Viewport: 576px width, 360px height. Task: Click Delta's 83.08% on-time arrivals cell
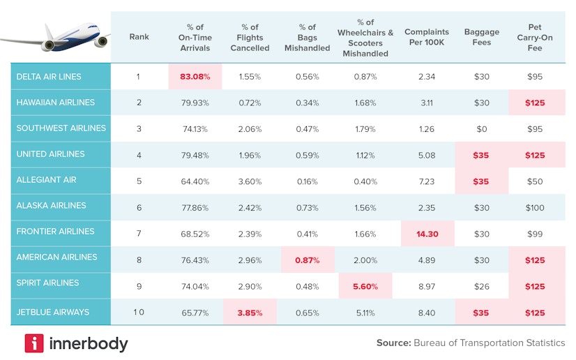pyautogui.click(x=195, y=77)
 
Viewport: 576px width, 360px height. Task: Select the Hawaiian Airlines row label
pyautogui.click(x=55, y=103)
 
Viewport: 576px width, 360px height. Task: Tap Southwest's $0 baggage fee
pyautogui.click(x=481, y=128)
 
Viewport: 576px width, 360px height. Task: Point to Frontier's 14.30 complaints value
pyautogui.click(x=427, y=234)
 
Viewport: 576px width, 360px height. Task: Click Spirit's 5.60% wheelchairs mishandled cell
pyautogui.click(x=365, y=286)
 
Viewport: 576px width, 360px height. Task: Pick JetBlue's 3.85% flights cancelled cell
pyautogui.click(x=250, y=313)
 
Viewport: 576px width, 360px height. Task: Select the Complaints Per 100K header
pyautogui.click(x=427, y=37)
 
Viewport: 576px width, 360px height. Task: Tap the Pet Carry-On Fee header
pyautogui.click(x=535, y=37)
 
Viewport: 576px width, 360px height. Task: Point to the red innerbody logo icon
pyautogui.click(x=34, y=343)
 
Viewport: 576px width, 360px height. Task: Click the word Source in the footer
pyautogui.click(x=393, y=343)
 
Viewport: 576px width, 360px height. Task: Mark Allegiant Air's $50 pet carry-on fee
pyautogui.click(x=535, y=181)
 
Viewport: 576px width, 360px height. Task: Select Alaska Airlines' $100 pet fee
pyautogui.click(x=535, y=207)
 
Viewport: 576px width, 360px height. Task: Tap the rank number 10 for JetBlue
pyautogui.click(x=139, y=313)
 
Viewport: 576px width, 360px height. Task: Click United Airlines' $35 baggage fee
pyautogui.click(x=481, y=155)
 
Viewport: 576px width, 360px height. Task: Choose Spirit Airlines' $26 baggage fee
pyautogui.click(x=481, y=286)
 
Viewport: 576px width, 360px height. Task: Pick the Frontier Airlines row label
pyautogui.click(x=55, y=232)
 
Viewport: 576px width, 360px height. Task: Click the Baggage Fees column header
pyautogui.click(x=481, y=37)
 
